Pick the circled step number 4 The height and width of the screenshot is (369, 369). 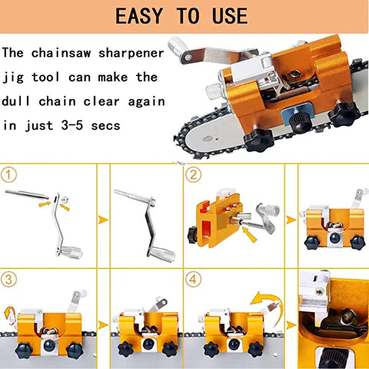(194, 279)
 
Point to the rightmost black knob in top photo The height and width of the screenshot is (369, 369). (341, 115)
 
